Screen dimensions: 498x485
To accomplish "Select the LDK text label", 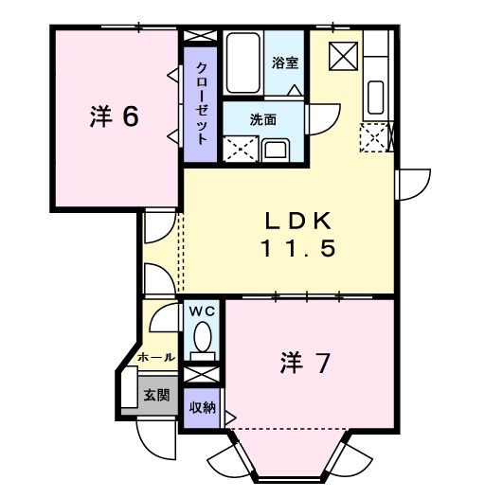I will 296,222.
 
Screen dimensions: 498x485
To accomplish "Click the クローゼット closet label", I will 202,102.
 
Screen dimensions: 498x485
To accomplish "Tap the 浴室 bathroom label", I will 285,63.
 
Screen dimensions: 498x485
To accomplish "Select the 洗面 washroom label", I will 262,120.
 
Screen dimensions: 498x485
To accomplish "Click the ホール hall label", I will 156,358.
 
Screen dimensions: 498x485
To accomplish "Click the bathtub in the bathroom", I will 243,62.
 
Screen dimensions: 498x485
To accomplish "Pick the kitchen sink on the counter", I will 374,97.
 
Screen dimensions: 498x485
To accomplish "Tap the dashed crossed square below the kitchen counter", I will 375,138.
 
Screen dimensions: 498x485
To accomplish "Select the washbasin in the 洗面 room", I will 277,150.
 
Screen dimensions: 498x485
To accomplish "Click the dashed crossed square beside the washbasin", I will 237,150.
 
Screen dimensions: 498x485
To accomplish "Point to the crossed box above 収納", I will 200,374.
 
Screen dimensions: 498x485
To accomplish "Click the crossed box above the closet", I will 200,35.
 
